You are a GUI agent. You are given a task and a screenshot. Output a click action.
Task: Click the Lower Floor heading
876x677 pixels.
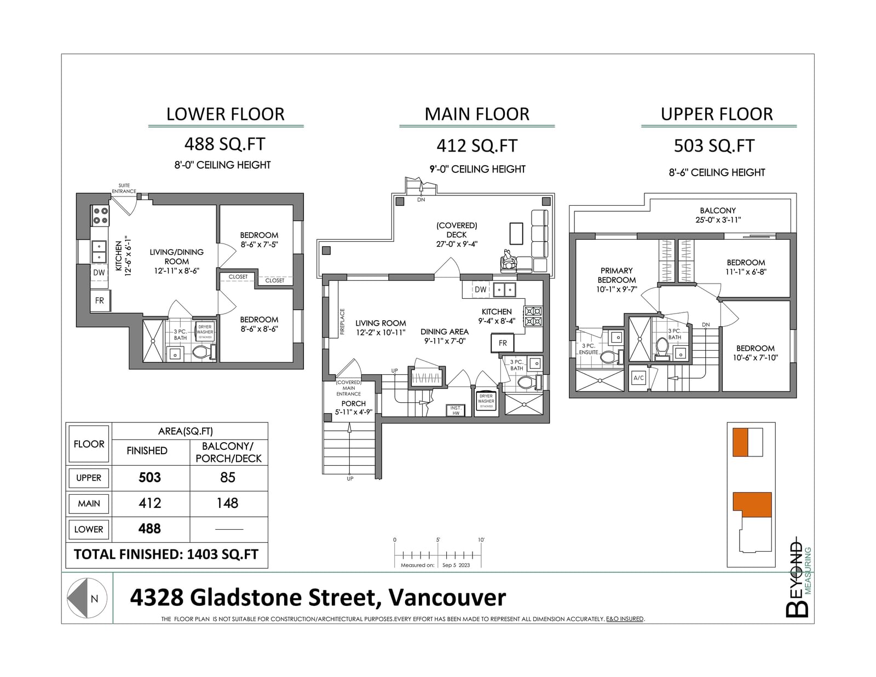(x=226, y=114)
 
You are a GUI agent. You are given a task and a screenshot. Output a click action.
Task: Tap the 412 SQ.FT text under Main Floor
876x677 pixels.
(x=477, y=146)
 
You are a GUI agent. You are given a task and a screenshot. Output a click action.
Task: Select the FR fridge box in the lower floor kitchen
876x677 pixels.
(x=100, y=300)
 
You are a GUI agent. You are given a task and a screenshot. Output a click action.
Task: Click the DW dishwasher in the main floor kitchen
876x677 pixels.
(x=481, y=290)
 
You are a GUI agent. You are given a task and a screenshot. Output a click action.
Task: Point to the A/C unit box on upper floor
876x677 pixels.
(x=638, y=378)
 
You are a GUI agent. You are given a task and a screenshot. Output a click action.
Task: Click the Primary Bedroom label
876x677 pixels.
(x=616, y=280)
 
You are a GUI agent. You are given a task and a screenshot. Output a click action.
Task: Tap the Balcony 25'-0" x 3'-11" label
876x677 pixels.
(x=718, y=215)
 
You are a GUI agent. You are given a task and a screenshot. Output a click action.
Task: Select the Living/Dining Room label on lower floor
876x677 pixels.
(x=177, y=262)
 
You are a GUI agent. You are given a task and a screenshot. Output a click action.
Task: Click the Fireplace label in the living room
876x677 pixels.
(x=342, y=322)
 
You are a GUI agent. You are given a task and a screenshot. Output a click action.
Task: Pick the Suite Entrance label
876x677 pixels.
(x=124, y=188)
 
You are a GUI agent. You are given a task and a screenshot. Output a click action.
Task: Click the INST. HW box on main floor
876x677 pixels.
(x=456, y=410)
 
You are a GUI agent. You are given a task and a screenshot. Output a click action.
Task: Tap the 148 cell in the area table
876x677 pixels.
(x=227, y=503)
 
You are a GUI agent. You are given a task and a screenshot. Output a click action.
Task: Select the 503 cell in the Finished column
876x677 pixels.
(x=149, y=478)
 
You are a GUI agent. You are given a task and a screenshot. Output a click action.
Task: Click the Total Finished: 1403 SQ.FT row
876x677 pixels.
(x=166, y=554)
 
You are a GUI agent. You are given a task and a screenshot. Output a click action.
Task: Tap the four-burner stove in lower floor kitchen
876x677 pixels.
(x=100, y=215)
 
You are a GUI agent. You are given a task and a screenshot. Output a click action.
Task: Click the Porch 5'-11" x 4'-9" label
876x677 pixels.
(x=354, y=407)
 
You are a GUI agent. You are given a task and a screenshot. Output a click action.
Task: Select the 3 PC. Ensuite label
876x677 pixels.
(x=589, y=349)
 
